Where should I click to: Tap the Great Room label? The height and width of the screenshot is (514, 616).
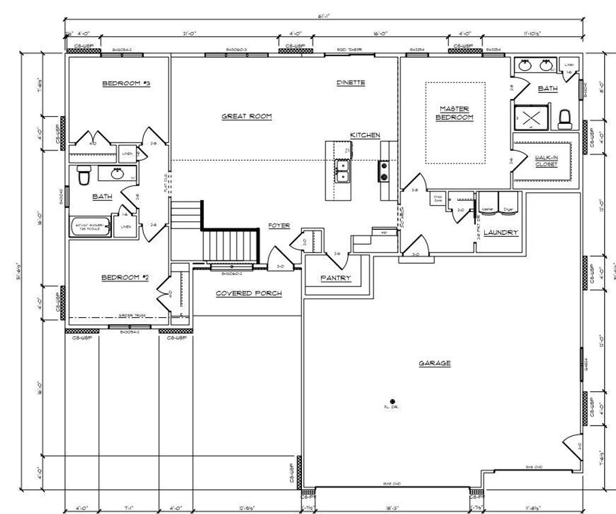(247, 117)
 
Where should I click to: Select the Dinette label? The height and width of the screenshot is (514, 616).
(351, 82)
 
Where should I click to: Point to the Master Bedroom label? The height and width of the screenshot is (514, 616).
(454, 113)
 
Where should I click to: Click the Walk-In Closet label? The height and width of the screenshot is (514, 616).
(546, 161)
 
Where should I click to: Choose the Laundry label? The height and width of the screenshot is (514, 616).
(500, 232)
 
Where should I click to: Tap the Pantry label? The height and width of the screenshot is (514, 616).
(336, 278)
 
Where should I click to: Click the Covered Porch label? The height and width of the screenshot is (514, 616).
(249, 293)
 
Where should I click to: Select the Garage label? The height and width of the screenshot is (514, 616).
(435, 363)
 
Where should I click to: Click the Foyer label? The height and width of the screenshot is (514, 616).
(279, 225)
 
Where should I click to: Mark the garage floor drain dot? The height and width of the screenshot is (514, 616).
(392, 401)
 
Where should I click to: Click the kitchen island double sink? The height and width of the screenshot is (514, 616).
(342, 170)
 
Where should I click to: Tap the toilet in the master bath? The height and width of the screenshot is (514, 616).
(564, 119)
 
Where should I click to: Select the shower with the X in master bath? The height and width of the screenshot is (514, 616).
(531, 117)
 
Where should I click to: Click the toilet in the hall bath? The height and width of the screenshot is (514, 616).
(84, 176)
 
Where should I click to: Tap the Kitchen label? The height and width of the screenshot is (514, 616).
(365, 135)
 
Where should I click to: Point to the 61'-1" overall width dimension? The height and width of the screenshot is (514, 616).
(325, 17)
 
